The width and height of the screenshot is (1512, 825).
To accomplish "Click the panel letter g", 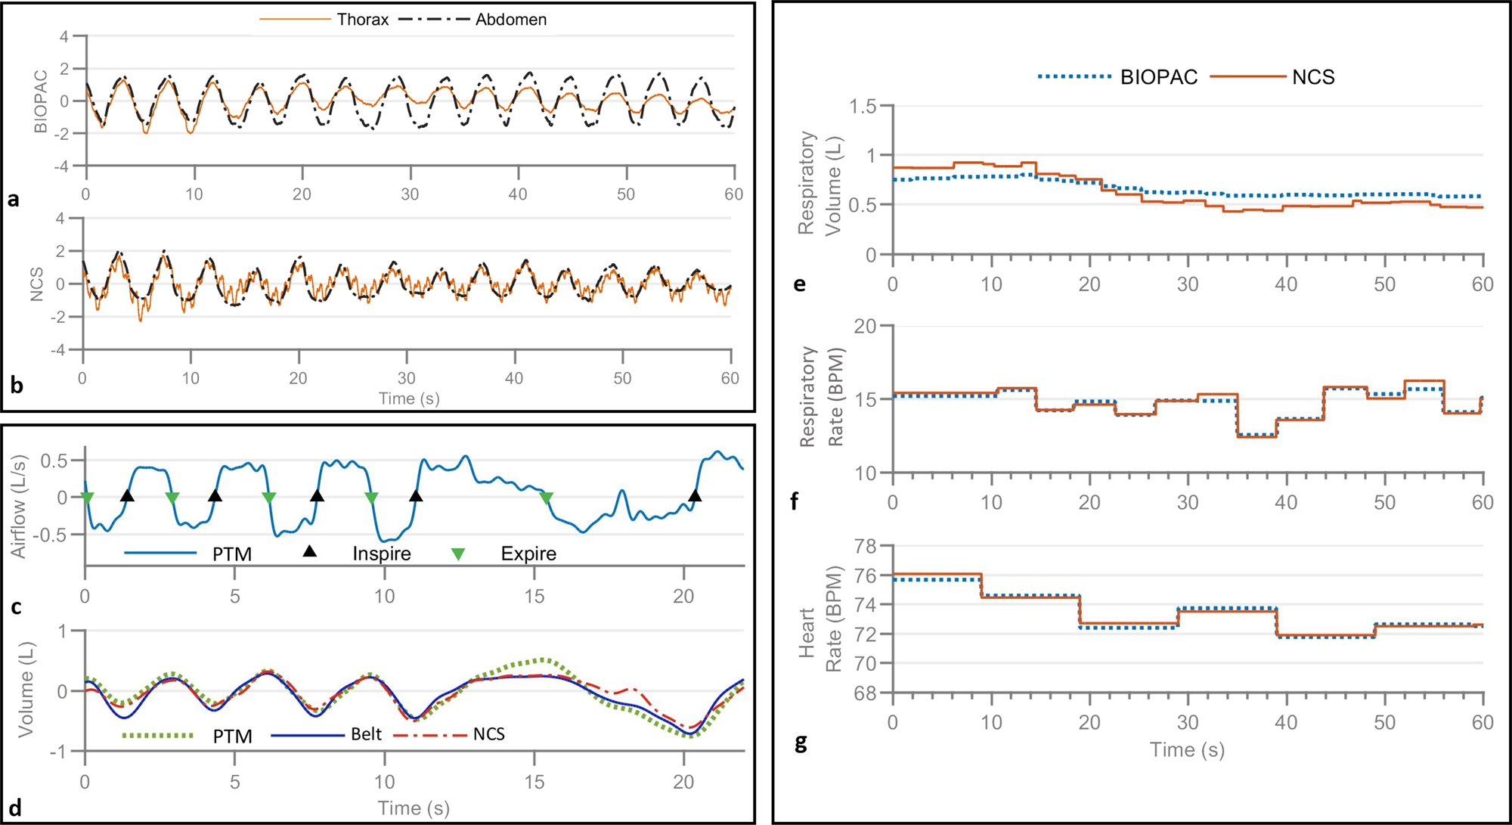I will pyautogui.click(x=801, y=743).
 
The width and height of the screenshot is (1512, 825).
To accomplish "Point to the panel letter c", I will pyautogui.click(x=15, y=607).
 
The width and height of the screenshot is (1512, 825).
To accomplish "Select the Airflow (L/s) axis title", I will pyautogui.click(x=19, y=506).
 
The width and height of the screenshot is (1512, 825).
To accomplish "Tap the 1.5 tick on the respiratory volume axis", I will pyautogui.click(x=862, y=107).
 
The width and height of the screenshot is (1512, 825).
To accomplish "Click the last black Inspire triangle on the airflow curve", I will pyautogui.click(x=695, y=496).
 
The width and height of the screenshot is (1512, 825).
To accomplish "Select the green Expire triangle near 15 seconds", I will pyautogui.click(x=547, y=498).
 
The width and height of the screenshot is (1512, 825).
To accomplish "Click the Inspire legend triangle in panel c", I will pyautogui.click(x=309, y=552).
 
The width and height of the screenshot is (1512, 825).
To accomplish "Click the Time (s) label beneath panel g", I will pyautogui.click(x=1186, y=749).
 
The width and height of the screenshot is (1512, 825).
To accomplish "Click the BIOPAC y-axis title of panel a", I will pyautogui.click(x=41, y=101).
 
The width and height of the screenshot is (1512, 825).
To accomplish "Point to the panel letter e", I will pyautogui.click(x=800, y=285).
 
